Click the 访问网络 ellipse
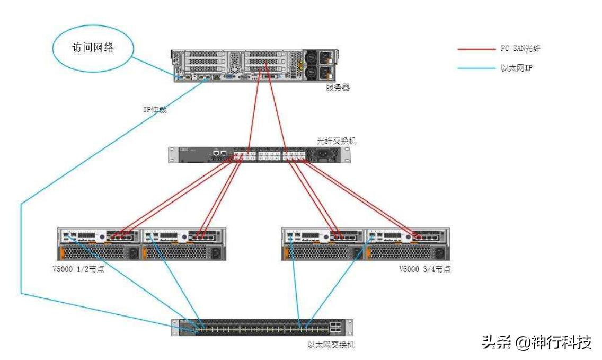pyautogui.click(x=93, y=48)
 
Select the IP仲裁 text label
pyautogui.click(x=155, y=110)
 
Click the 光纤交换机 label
pyautogui.click(x=337, y=141)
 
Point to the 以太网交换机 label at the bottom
pyautogui.click(x=331, y=345)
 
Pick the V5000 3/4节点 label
pyautogui.click(x=424, y=269)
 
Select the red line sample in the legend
pyautogui.click(x=475, y=49)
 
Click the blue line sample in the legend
pyautogui.click(x=475, y=68)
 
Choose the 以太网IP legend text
pyautogui.click(x=516, y=68)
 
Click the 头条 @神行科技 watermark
pyautogui.click(x=536, y=342)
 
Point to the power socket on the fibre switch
pyautogui.click(x=325, y=154)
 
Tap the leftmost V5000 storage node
pyautogui.click(x=99, y=244)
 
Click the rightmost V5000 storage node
pyautogui.click(x=407, y=244)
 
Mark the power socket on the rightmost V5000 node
pyautogui.click(x=438, y=253)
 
